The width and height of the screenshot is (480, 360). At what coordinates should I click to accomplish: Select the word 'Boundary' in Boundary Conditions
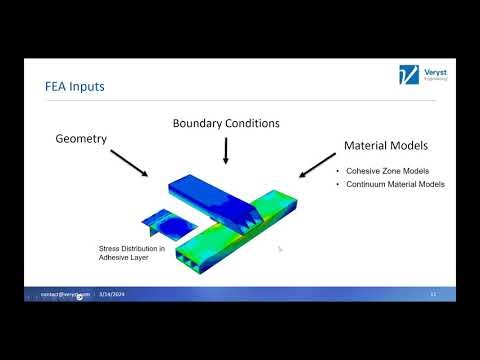(197, 123)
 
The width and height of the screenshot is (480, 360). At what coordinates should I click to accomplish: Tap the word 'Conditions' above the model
(251, 123)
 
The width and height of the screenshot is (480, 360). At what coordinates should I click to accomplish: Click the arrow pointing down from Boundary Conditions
(226, 149)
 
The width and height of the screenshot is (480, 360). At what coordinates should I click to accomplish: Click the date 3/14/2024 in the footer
(109, 295)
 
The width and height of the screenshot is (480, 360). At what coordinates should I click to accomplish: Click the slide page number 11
(432, 295)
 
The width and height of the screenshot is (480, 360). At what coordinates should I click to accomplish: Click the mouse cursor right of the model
(280, 249)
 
